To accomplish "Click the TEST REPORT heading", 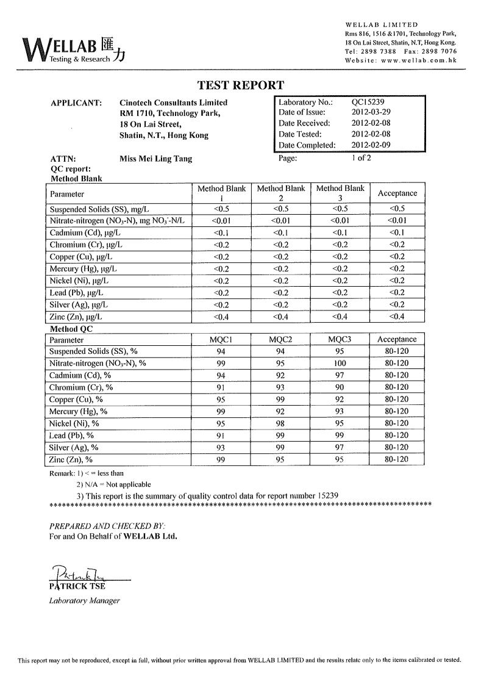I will [241, 85].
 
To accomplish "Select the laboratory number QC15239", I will [368, 102].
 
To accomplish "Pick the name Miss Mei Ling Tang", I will [156, 159].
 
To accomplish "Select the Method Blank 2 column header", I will [280, 193].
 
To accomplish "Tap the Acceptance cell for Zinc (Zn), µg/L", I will [397, 317].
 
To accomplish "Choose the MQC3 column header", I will [340, 339].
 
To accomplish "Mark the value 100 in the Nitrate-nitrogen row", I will [340, 363].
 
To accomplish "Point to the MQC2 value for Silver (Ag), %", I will [280, 447].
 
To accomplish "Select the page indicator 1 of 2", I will [361, 158].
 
